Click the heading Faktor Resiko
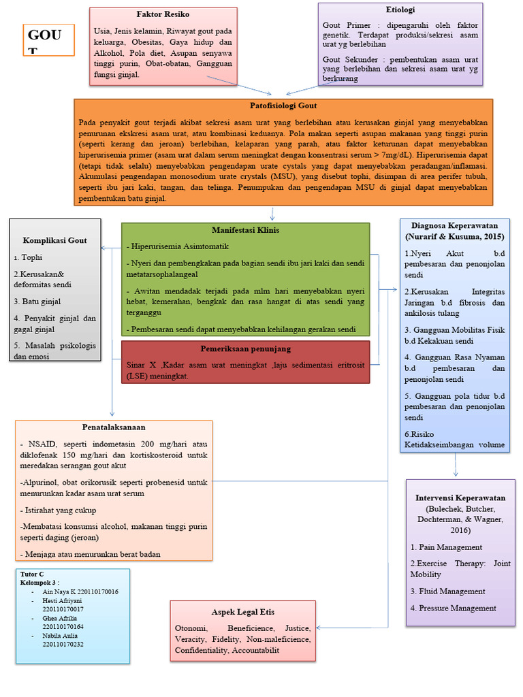point(163,14)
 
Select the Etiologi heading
point(400,10)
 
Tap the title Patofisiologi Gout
point(283,106)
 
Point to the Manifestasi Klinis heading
point(245,230)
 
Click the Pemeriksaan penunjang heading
point(246,348)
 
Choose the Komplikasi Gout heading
point(55,240)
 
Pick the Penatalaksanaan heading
point(114,427)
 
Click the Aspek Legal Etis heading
point(243,612)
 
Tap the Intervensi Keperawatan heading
point(460,498)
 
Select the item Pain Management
point(446,547)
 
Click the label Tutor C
point(32,574)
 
